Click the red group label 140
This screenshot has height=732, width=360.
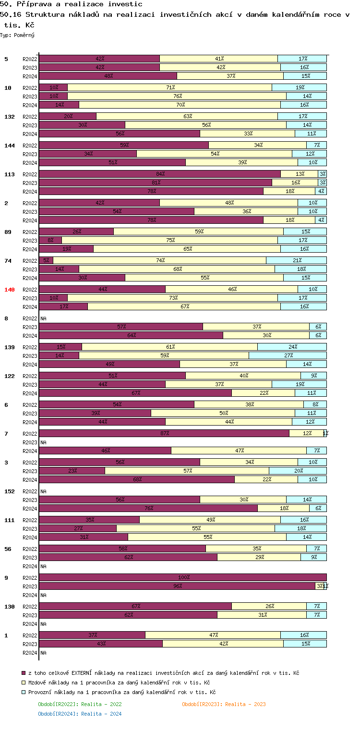pos(10,290)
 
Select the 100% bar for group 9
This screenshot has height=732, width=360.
pos(182,577)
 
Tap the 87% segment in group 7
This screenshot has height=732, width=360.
pos(164,433)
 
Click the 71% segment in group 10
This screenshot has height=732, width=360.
pos(169,87)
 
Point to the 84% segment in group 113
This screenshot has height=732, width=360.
pos(159,174)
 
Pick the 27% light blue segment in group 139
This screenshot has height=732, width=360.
pos(288,355)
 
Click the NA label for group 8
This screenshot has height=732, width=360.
pos(43,318)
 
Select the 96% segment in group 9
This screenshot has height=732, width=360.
pos(177,586)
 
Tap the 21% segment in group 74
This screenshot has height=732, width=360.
pos(296,260)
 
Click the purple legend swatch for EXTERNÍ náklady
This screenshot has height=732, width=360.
pos(24,673)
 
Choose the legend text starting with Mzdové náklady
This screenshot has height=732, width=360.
pos(119,683)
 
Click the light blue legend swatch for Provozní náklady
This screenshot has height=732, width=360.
pos(24,693)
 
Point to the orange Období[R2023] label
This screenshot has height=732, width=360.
pos(224,704)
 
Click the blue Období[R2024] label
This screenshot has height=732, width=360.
pos(80,714)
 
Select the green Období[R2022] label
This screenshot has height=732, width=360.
pos(80,704)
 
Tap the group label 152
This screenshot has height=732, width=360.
pos(10,491)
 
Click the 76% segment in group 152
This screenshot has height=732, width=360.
pos(148,508)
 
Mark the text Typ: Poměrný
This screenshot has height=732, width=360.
pos(17,35)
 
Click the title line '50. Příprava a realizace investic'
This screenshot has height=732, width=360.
pos(71,4)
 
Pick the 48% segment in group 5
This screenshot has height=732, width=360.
pos(108,76)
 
